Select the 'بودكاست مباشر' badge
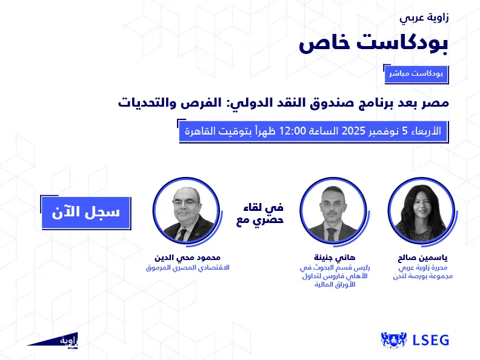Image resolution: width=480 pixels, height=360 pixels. tap(416, 74)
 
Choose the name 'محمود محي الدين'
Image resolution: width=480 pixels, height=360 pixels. tap(184, 256)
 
